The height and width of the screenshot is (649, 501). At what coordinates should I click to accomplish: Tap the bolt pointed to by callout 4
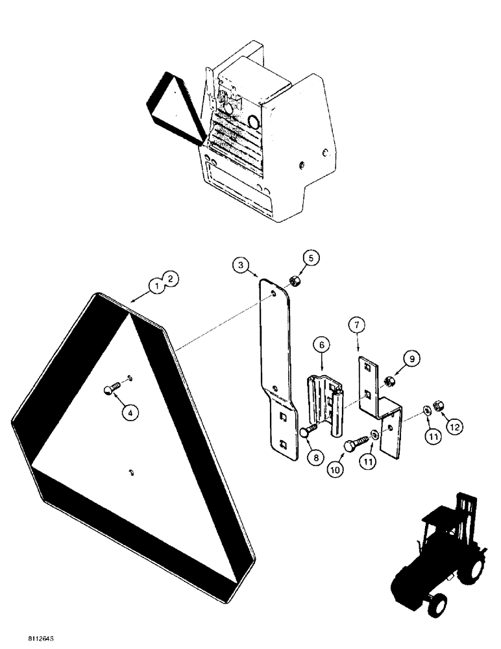[110, 389]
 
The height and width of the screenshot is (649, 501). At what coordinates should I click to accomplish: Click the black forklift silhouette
[437, 564]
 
